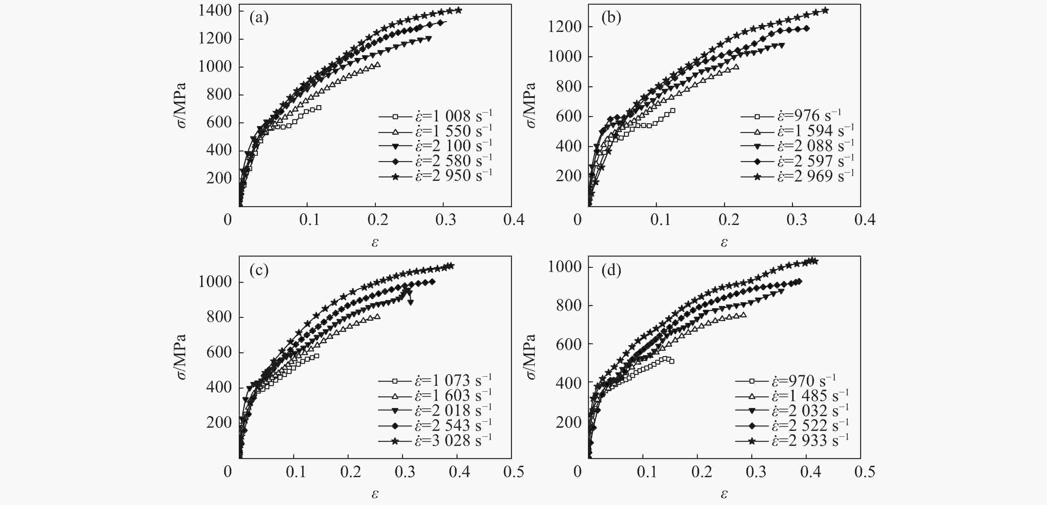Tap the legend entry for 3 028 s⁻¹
pyautogui.click(x=435, y=441)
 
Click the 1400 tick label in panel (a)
pyautogui.click(x=215, y=11)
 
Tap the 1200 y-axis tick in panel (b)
pyautogui.click(x=564, y=27)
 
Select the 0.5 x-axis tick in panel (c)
pyautogui.click(x=513, y=472)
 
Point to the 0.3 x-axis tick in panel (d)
pyautogui.click(x=756, y=472)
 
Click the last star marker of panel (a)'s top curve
pyautogui.click(x=458, y=10)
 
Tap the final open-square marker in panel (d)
pyautogui.click(x=672, y=361)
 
